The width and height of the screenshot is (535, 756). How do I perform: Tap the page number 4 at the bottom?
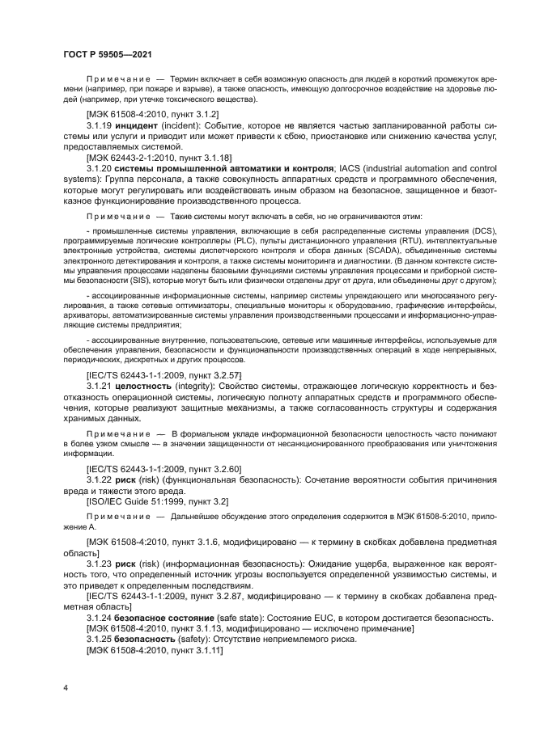pyautogui.click(x=65, y=689)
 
